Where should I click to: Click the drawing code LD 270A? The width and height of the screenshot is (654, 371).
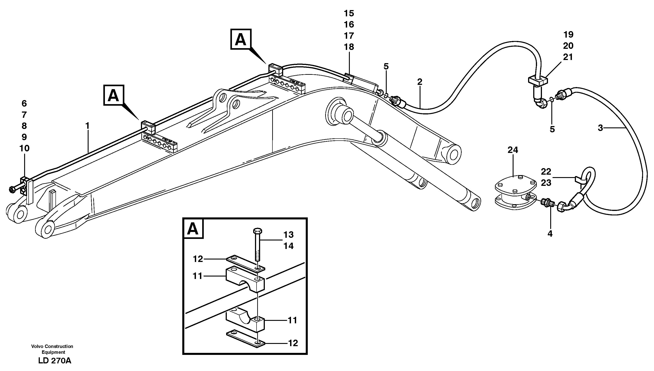point(55,361)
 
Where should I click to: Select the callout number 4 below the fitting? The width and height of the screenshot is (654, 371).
point(550,234)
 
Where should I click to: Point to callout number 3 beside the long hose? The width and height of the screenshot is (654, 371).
point(600,128)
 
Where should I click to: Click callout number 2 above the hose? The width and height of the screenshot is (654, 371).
point(420,82)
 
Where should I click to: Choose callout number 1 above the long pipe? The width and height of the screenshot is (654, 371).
point(87,126)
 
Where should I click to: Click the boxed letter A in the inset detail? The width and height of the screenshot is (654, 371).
point(193,229)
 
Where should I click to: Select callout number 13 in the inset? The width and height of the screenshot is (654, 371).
point(288,234)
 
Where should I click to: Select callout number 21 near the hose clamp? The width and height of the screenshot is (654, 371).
point(568,57)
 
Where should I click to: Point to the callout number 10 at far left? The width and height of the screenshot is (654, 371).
point(24,148)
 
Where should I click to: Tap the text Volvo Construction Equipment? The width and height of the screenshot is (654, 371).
point(52,349)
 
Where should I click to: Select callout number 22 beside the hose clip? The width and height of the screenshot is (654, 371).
point(546,172)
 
